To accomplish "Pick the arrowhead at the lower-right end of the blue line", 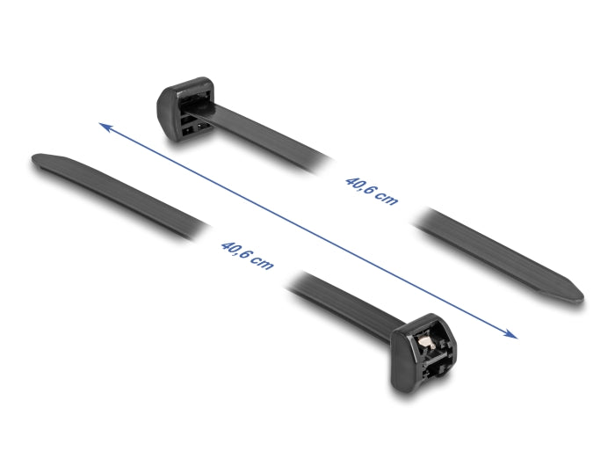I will [x=510, y=334].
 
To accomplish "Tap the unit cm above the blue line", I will [x=387, y=200].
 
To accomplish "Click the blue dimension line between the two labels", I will [x=307, y=231].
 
